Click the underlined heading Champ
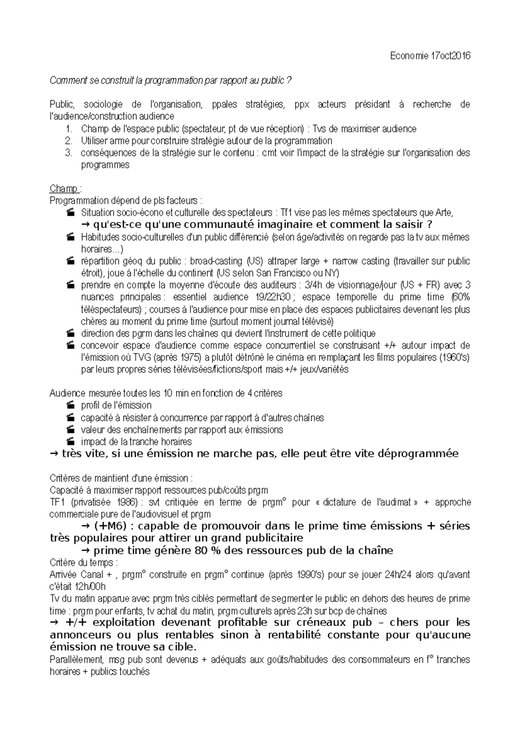tap(63, 189)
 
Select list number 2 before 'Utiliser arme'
tap(68, 141)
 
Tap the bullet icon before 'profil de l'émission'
tap(71, 406)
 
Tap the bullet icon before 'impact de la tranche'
tap(71, 442)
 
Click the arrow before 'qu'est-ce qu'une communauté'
tap(85, 225)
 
